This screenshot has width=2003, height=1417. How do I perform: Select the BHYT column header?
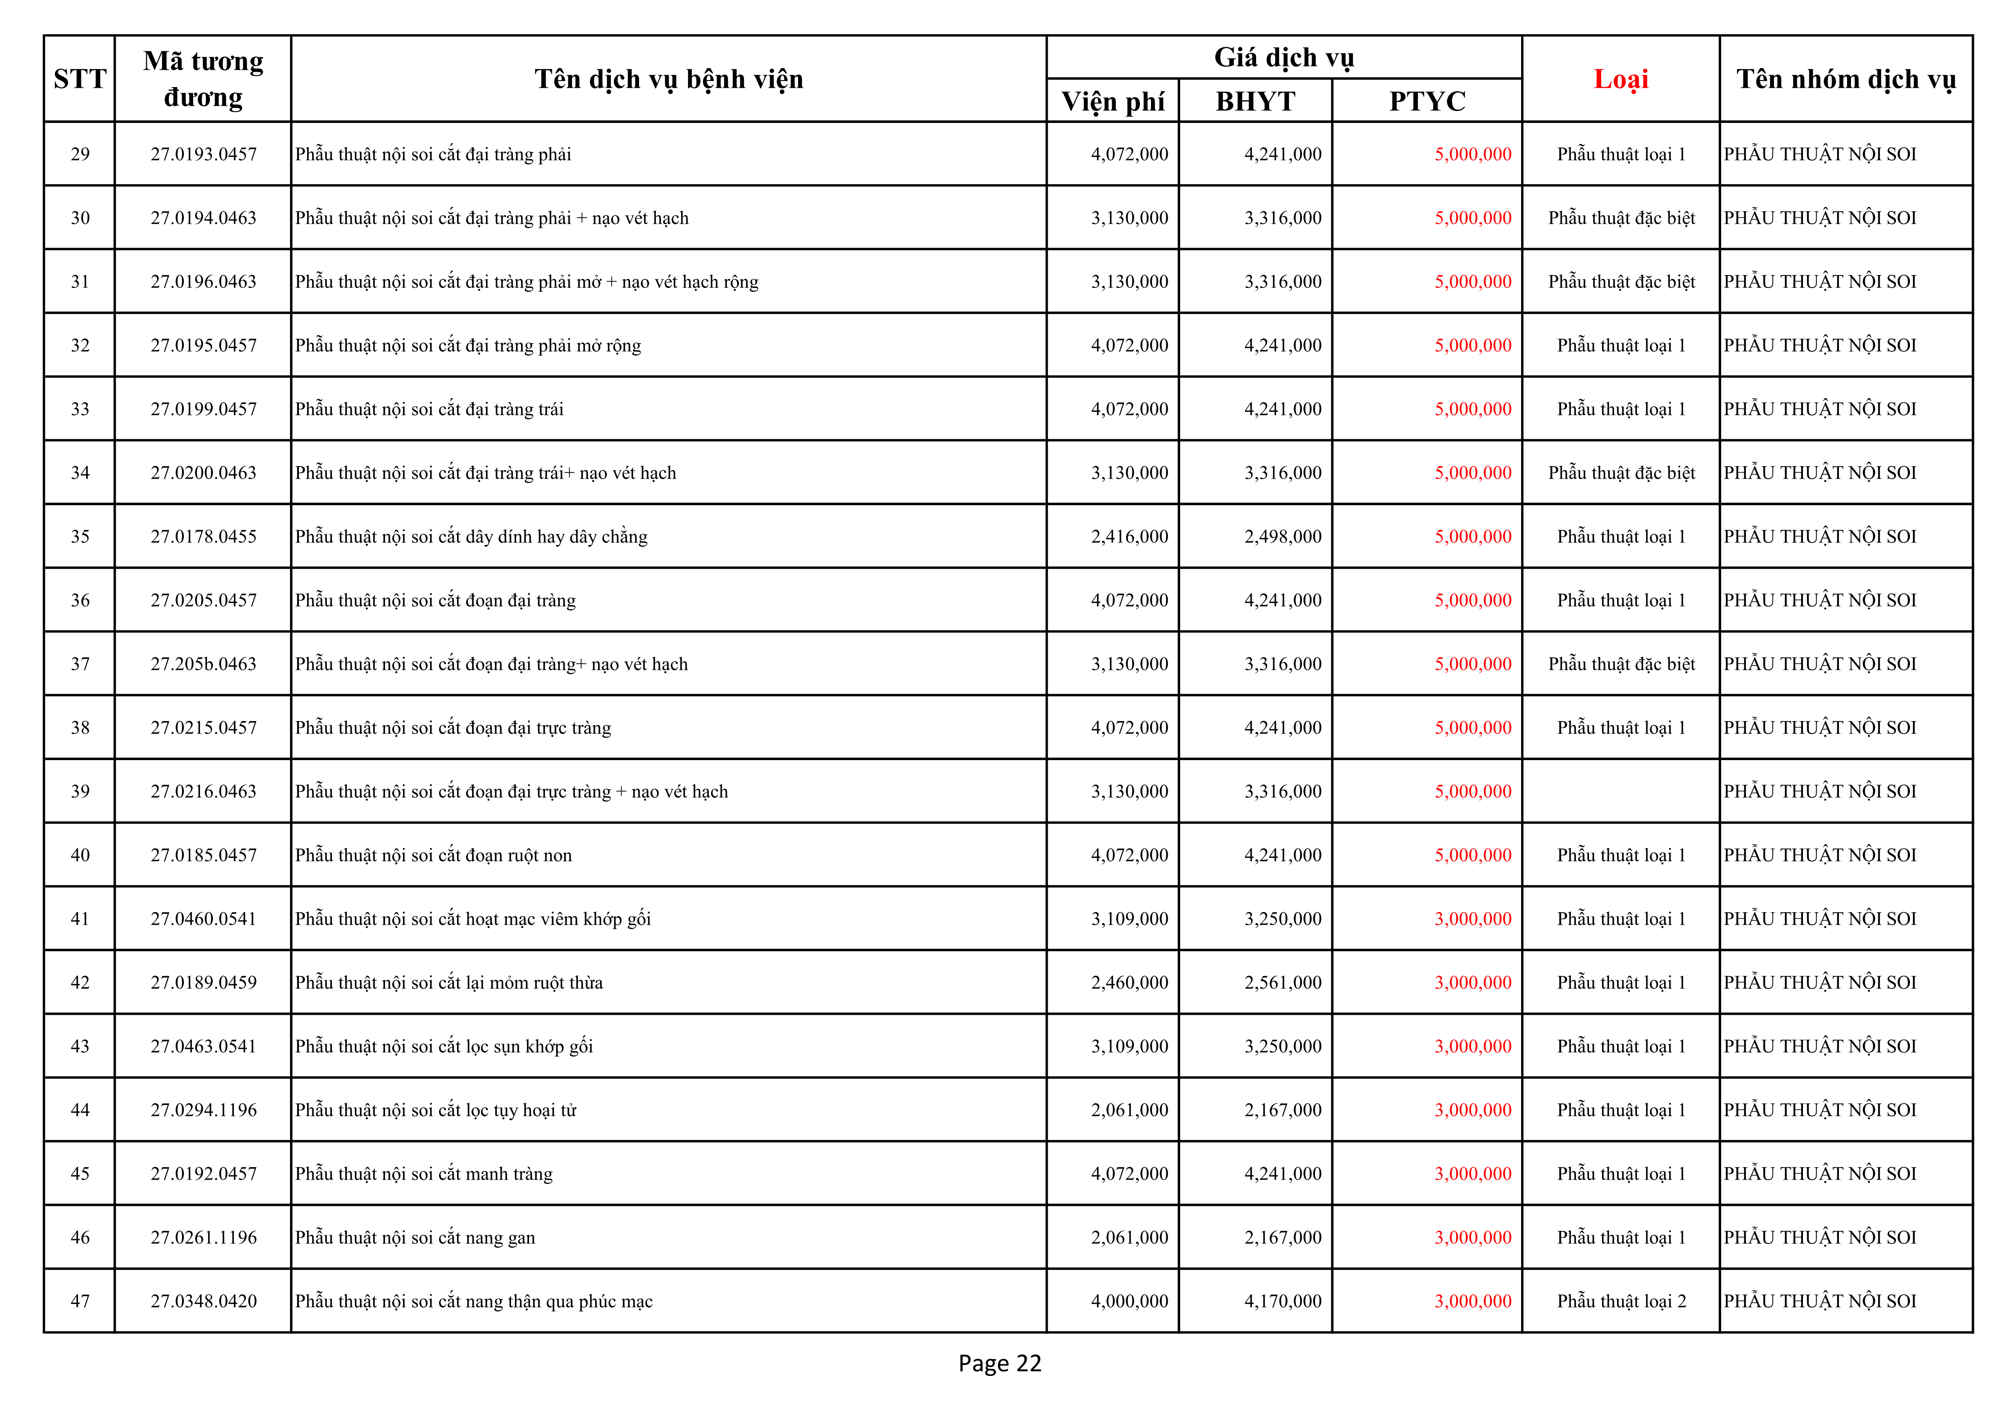(x=1256, y=101)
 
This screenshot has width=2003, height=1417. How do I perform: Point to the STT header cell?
(x=79, y=79)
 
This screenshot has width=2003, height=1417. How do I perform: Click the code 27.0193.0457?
(x=203, y=154)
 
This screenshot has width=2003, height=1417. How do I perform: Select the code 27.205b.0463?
(x=203, y=664)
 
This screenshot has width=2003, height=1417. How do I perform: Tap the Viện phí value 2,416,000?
(x=1129, y=536)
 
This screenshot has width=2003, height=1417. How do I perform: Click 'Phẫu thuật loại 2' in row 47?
(x=1621, y=1301)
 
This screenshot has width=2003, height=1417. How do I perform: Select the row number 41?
(x=79, y=919)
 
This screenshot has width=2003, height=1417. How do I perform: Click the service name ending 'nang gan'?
(x=415, y=1237)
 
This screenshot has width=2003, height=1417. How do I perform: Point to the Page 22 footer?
(x=1000, y=1363)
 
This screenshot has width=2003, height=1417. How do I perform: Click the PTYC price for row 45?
(x=1473, y=1174)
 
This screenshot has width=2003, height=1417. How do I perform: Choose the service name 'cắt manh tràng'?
(x=424, y=1174)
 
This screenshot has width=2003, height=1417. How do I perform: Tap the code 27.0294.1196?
(x=203, y=1110)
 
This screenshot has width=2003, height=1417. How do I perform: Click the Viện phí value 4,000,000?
(x=1129, y=1301)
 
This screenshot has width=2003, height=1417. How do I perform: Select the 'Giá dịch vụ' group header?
(x=1283, y=57)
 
